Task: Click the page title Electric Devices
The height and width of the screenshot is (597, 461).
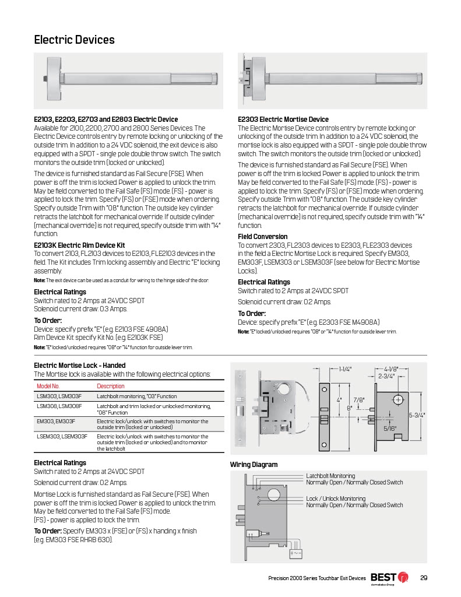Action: pyautogui.click(x=74, y=40)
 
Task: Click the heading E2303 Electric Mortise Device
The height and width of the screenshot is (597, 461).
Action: pyautogui.click(x=283, y=119)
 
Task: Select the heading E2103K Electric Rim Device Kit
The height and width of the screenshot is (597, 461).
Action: pyautogui.click(x=79, y=245)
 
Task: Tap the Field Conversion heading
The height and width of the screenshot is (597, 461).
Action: pyautogui.click(x=262, y=237)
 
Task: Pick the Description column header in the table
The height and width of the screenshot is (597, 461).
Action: pyautogui.click(x=110, y=386)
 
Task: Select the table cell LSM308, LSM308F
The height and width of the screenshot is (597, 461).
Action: pyautogui.click(x=59, y=406)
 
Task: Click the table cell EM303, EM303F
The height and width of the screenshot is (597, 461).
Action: pyautogui.click(x=57, y=421)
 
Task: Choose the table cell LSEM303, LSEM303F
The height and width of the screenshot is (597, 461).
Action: pyautogui.click(x=62, y=436)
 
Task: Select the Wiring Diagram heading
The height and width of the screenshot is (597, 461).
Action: pyautogui.click(x=254, y=465)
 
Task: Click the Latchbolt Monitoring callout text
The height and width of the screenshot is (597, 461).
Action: pyautogui.click(x=330, y=476)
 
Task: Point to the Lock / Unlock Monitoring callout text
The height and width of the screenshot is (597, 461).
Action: pyautogui.click(x=336, y=498)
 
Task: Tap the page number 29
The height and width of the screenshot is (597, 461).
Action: pyautogui.click(x=424, y=578)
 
